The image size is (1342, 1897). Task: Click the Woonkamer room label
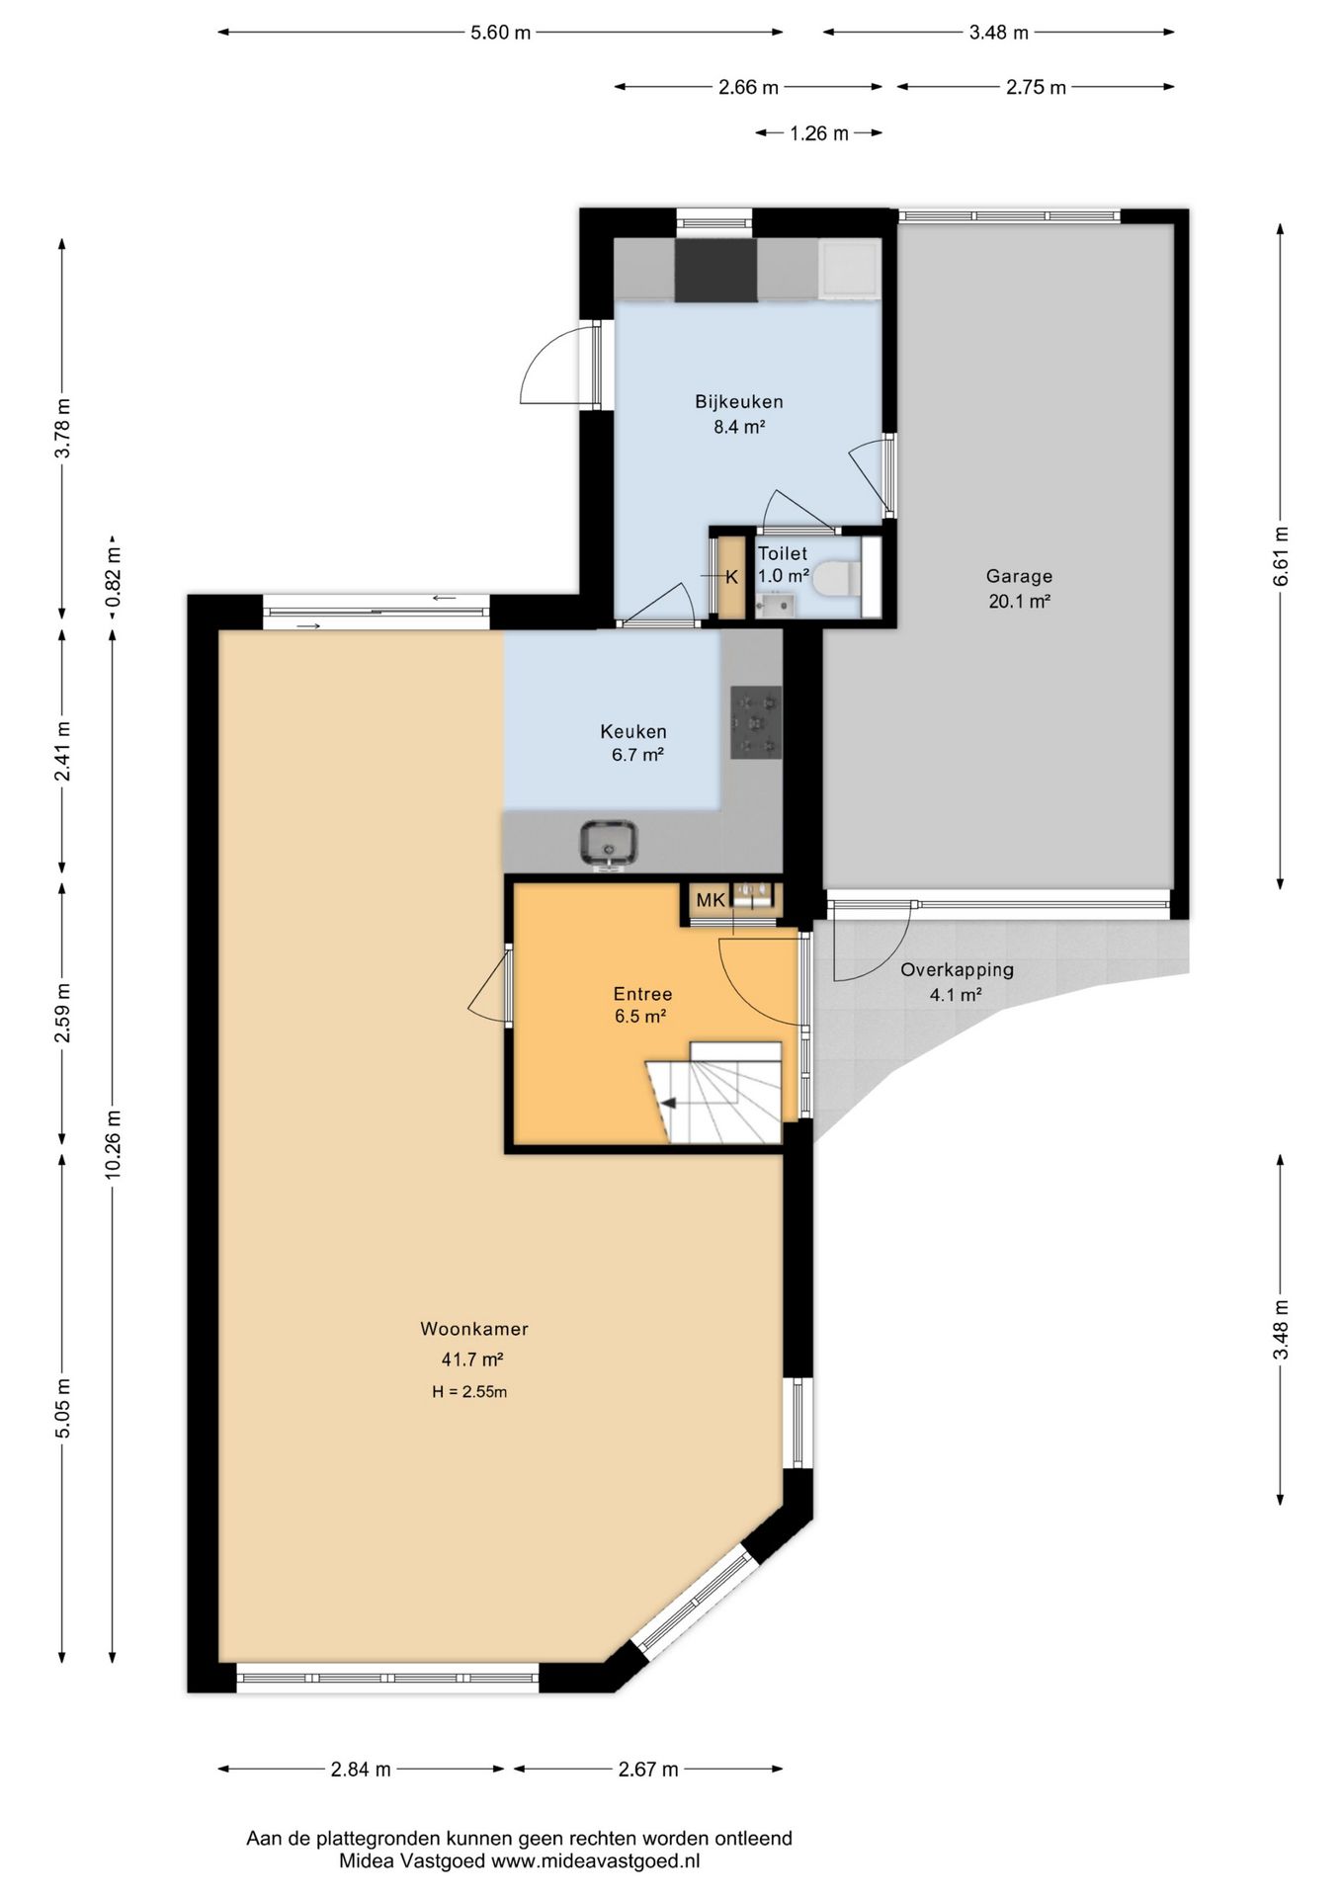point(474,1329)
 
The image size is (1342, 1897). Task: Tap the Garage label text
point(1019,576)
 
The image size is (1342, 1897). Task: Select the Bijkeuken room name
point(739,402)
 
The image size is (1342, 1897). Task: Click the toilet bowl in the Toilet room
point(838,578)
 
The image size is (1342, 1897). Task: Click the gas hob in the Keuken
point(756,722)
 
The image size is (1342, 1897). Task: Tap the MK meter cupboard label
point(711,900)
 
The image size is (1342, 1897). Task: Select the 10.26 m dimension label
point(113,1142)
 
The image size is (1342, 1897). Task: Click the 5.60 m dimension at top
point(500,33)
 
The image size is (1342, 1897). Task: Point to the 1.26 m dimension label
point(819,133)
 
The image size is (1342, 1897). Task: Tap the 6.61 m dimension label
point(1282,557)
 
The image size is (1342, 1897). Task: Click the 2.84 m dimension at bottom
point(361,1769)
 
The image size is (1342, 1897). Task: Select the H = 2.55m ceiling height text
point(469,1392)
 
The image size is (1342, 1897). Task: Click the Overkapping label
point(957,970)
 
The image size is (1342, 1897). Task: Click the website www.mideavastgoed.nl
point(596,1860)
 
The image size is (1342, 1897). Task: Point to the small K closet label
point(732,578)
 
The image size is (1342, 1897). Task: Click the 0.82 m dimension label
point(113,576)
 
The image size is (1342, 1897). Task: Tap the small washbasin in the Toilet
point(774,604)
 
